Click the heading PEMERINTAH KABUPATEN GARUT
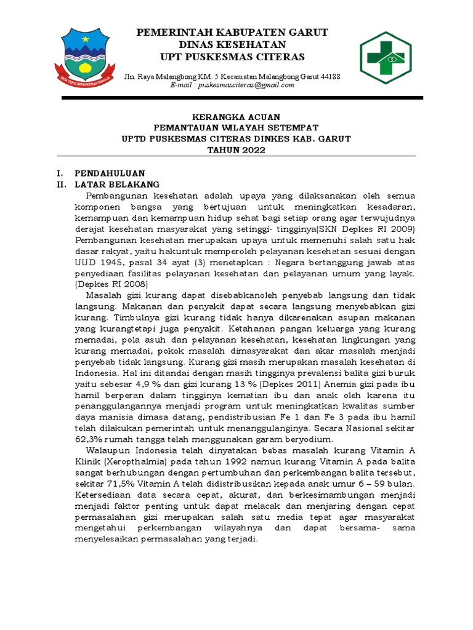(x=232, y=32)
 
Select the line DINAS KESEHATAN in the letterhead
(x=232, y=45)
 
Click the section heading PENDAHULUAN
(x=110, y=173)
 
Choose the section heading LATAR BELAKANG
(x=117, y=184)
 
